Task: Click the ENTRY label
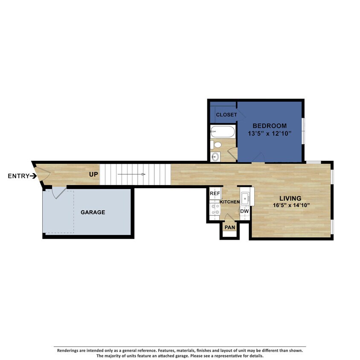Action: click(18, 176)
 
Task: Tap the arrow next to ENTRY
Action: click(33, 176)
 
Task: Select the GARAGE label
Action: click(93, 212)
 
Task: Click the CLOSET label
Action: click(226, 115)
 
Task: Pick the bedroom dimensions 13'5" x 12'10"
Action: click(270, 134)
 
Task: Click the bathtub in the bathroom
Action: click(223, 131)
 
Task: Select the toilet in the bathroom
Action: click(216, 144)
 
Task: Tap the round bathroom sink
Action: click(216, 157)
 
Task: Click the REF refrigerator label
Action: click(215, 194)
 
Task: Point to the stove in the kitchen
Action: click(215, 209)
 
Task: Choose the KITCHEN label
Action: click(229, 201)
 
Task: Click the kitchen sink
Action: click(246, 198)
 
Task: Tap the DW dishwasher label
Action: click(244, 211)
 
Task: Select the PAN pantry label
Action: click(230, 227)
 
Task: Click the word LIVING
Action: click(290, 198)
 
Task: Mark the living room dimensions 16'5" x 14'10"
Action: click(290, 206)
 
